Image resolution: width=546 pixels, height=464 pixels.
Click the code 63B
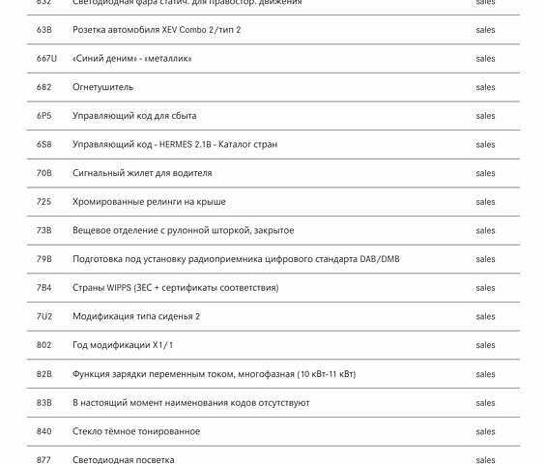coord(44,30)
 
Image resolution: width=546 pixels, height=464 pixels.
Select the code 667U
coord(46,59)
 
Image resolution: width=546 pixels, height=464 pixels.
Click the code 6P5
coord(44,116)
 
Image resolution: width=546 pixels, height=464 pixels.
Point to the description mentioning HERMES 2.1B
coord(175,145)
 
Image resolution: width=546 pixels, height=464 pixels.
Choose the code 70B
coord(44,173)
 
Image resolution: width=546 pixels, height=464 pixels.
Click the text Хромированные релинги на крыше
coord(149,202)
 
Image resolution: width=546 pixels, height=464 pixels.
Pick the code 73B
coord(44,231)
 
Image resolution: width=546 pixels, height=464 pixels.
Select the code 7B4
coord(44,288)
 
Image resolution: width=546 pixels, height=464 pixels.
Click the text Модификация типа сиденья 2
coord(136,317)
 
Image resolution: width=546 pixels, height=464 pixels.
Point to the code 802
coord(44,345)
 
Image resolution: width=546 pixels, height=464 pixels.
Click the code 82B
coord(44,374)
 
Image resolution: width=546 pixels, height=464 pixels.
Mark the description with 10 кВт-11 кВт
coord(214,374)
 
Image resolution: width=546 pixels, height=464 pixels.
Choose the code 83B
coord(44,403)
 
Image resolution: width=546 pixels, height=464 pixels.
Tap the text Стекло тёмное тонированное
coord(136,431)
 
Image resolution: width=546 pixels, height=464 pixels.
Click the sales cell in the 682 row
coord(485,87)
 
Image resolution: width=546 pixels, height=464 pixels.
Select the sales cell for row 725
coord(485,202)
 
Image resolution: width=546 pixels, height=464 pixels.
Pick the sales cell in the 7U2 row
coord(485,317)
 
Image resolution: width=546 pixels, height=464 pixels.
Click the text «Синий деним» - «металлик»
coord(132,59)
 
